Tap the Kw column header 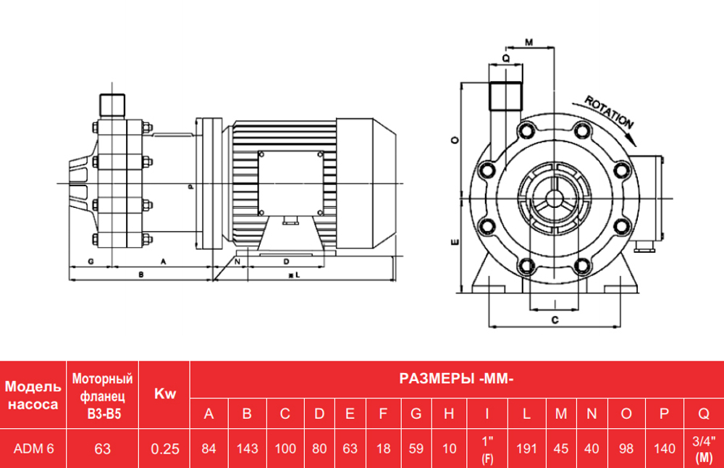(x=165, y=394)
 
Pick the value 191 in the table (x=526, y=448)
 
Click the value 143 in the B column (x=247, y=448)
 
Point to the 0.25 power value (x=165, y=448)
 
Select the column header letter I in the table (x=487, y=414)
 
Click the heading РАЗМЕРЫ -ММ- (x=456, y=378)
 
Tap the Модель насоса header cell (x=33, y=394)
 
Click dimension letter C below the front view (x=554, y=319)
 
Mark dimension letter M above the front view (x=529, y=42)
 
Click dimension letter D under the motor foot (x=287, y=260)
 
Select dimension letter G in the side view (x=90, y=259)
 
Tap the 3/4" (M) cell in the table (x=703, y=449)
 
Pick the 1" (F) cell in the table (x=487, y=449)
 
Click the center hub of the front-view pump (x=555, y=193)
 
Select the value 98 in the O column (x=626, y=448)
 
